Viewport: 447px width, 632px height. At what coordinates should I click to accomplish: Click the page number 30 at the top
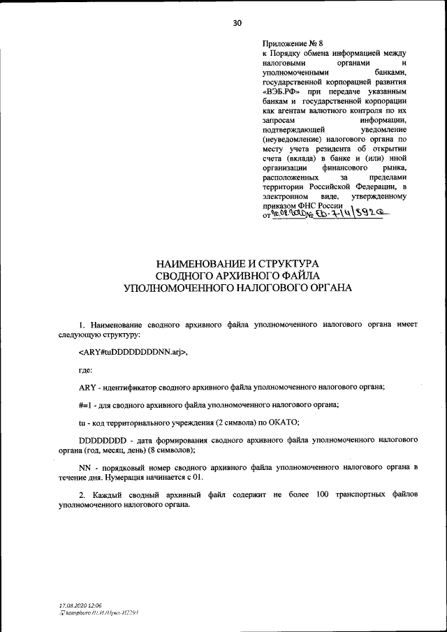click(237, 23)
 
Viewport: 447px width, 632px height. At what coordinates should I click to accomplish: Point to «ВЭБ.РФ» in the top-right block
click(281, 91)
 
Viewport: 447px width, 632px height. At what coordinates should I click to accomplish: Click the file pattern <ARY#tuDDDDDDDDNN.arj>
click(133, 351)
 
